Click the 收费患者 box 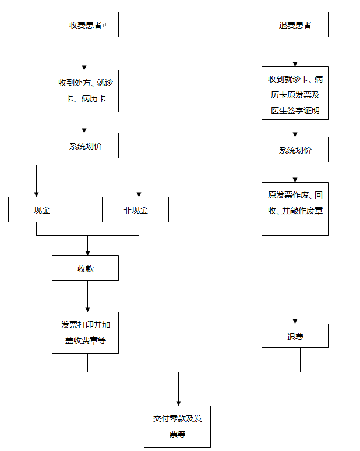(x=85, y=25)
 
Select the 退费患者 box (x=295, y=25)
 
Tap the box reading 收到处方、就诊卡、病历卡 (x=85, y=91)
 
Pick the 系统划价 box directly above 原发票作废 (x=295, y=150)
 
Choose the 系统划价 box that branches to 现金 (x=85, y=145)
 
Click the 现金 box (x=41, y=209)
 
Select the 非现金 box (x=135, y=209)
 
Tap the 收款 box (x=85, y=268)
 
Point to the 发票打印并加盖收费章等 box (x=85, y=332)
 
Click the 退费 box (x=295, y=336)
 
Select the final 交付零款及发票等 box (x=177, y=426)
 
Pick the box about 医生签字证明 (x=295, y=93)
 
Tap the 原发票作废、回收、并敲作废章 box (x=295, y=208)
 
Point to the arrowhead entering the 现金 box (x=36, y=193)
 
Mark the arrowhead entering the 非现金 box (x=139, y=193)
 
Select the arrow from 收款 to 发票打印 (x=87, y=296)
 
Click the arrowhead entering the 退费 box (x=295, y=320)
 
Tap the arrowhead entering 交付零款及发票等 (x=178, y=402)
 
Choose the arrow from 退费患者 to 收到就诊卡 (x=295, y=51)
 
